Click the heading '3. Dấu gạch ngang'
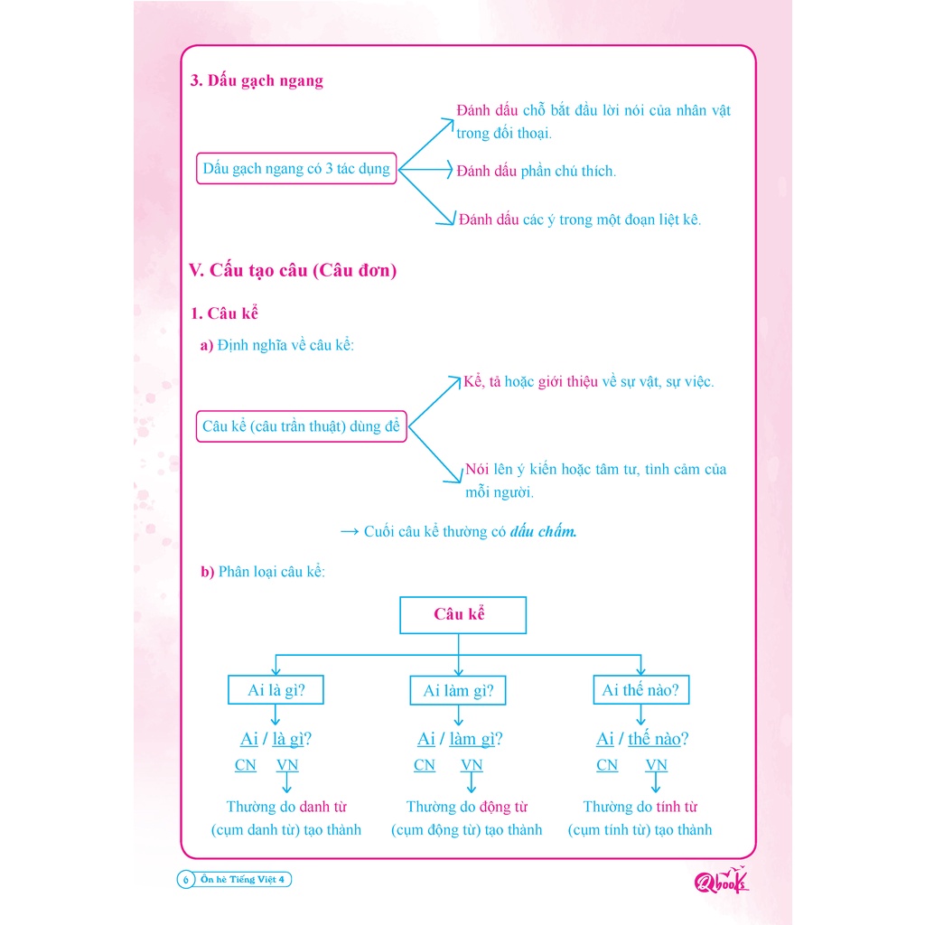tap(257, 81)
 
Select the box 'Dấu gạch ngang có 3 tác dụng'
tap(296, 169)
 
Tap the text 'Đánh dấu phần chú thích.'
tap(537, 171)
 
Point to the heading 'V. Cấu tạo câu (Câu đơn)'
tap(293, 270)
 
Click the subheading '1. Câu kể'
tap(225, 313)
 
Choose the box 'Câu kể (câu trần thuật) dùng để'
tap(302, 425)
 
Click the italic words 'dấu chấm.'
tap(543, 531)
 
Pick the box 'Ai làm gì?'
tap(458, 691)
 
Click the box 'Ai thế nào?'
tap(640, 691)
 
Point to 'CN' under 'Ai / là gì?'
tap(245, 765)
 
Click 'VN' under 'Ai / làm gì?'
tap(472, 765)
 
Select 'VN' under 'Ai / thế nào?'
tap(657, 765)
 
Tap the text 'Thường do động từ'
tap(467, 807)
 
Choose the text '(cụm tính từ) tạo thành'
tap(640, 829)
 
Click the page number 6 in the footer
tap(185, 880)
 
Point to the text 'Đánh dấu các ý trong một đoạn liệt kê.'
tap(579, 220)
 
